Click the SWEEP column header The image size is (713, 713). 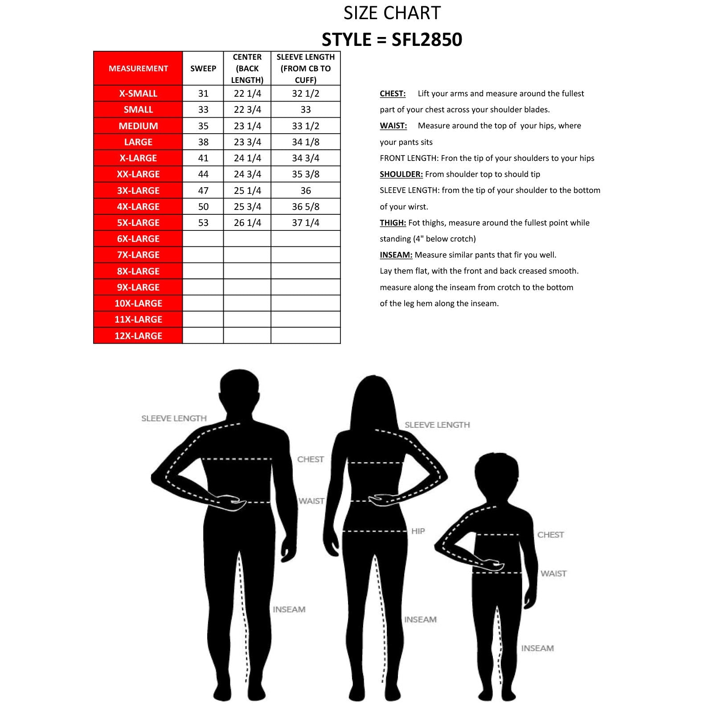pos(203,68)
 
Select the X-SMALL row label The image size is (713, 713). pos(138,94)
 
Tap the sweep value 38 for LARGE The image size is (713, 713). pos(203,142)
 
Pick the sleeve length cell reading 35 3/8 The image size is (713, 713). pos(305,174)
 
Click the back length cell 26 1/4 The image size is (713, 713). pos(247,223)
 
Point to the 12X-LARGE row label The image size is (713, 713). pos(138,336)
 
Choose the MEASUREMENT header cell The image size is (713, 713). pos(138,68)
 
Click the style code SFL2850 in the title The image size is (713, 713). pos(426,40)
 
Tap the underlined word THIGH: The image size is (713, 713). pos(393,223)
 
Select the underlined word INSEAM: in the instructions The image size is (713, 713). pos(396,255)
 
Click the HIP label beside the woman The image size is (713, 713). pos(418,531)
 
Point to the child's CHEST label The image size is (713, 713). pos(550,535)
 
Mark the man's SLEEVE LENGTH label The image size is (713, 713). pos(174,418)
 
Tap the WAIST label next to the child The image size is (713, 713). pos(553,574)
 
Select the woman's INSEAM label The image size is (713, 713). pos(420,619)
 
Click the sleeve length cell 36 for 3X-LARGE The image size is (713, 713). pos(305,191)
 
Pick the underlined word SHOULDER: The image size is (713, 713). pos(401,174)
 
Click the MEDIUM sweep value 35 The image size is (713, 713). pos(203,126)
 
